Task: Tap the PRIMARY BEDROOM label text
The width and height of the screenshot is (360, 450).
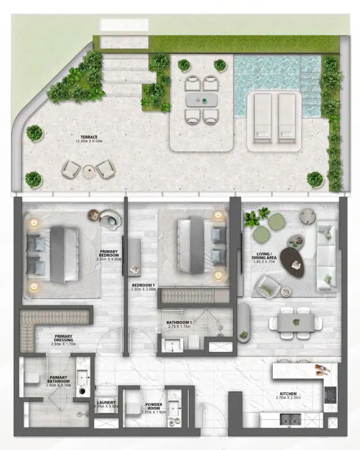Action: click(x=109, y=254)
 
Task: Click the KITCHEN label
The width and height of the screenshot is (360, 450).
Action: click(x=289, y=394)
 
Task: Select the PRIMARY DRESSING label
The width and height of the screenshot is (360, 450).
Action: click(x=63, y=338)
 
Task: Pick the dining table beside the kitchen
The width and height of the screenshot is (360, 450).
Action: click(x=296, y=323)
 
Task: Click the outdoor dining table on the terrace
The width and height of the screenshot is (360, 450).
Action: click(x=202, y=100)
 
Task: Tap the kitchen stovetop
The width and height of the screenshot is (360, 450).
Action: click(x=331, y=395)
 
